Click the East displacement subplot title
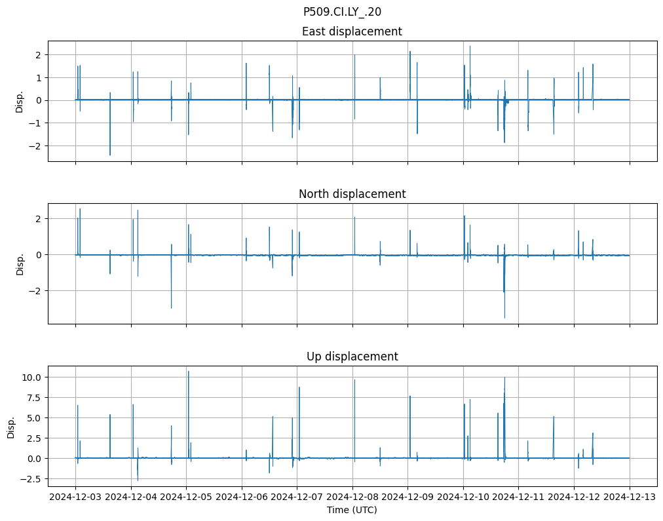coord(352,31)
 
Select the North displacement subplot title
coord(352,194)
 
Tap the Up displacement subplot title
coord(352,357)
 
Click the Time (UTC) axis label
coord(352,510)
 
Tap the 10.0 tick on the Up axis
coord(31,377)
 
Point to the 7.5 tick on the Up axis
coord(33,397)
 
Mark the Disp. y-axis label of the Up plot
coord(11,428)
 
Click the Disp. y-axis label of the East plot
coord(20,102)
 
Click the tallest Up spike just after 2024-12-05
coord(189,372)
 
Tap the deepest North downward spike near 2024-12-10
coord(504,317)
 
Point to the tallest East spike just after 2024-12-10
coord(470,47)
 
